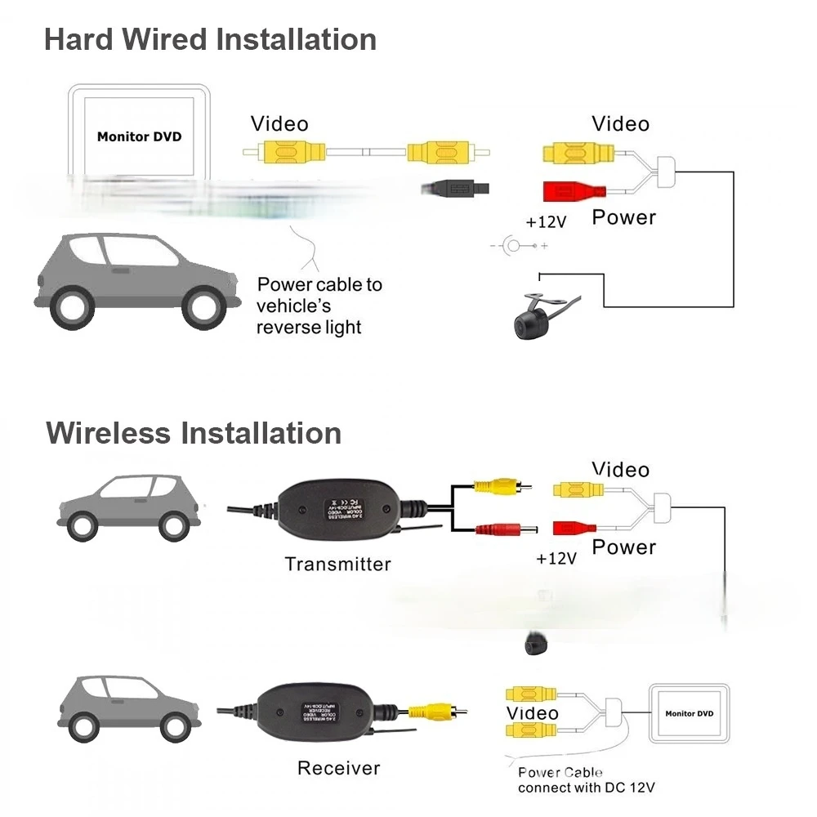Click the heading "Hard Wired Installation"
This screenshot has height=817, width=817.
pyautogui.click(x=210, y=39)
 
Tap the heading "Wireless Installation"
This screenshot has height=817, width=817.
pyautogui.click(x=194, y=432)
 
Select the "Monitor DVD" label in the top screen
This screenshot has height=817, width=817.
pyautogui.click(x=139, y=136)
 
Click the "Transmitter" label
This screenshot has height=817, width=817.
pyautogui.click(x=337, y=564)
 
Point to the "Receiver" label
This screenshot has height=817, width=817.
pyautogui.click(x=338, y=768)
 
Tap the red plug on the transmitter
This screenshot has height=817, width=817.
pyautogui.click(x=501, y=529)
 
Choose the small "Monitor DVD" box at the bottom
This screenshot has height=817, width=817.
pyautogui.click(x=689, y=714)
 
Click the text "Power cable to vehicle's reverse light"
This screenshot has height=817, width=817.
pyautogui.click(x=319, y=306)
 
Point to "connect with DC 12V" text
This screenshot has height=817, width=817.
pyautogui.click(x=586, y=788)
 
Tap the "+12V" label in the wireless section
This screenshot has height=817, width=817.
pyautogui.click(x=556, y=559)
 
